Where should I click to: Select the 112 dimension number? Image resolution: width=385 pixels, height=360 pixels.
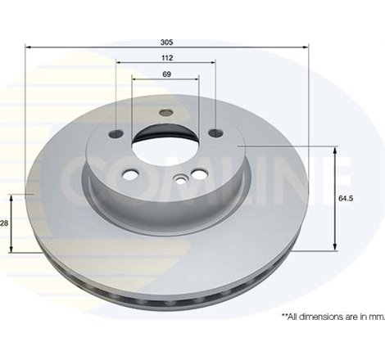tap(166, 57)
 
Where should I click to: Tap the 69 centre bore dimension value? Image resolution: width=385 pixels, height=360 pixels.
tap(166, 74)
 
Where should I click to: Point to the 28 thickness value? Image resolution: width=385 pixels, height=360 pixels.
tap(4, 223)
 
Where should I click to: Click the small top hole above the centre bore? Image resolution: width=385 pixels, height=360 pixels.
tap(166, 113)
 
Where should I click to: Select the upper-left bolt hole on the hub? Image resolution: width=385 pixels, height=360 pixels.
tap(116, 133)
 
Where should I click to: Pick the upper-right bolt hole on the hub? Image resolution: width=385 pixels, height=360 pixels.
tap(215, 133)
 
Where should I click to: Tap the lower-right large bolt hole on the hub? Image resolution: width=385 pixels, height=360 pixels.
tap(197, 173)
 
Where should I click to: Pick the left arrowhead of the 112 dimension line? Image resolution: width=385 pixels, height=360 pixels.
tap(120, 62)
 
